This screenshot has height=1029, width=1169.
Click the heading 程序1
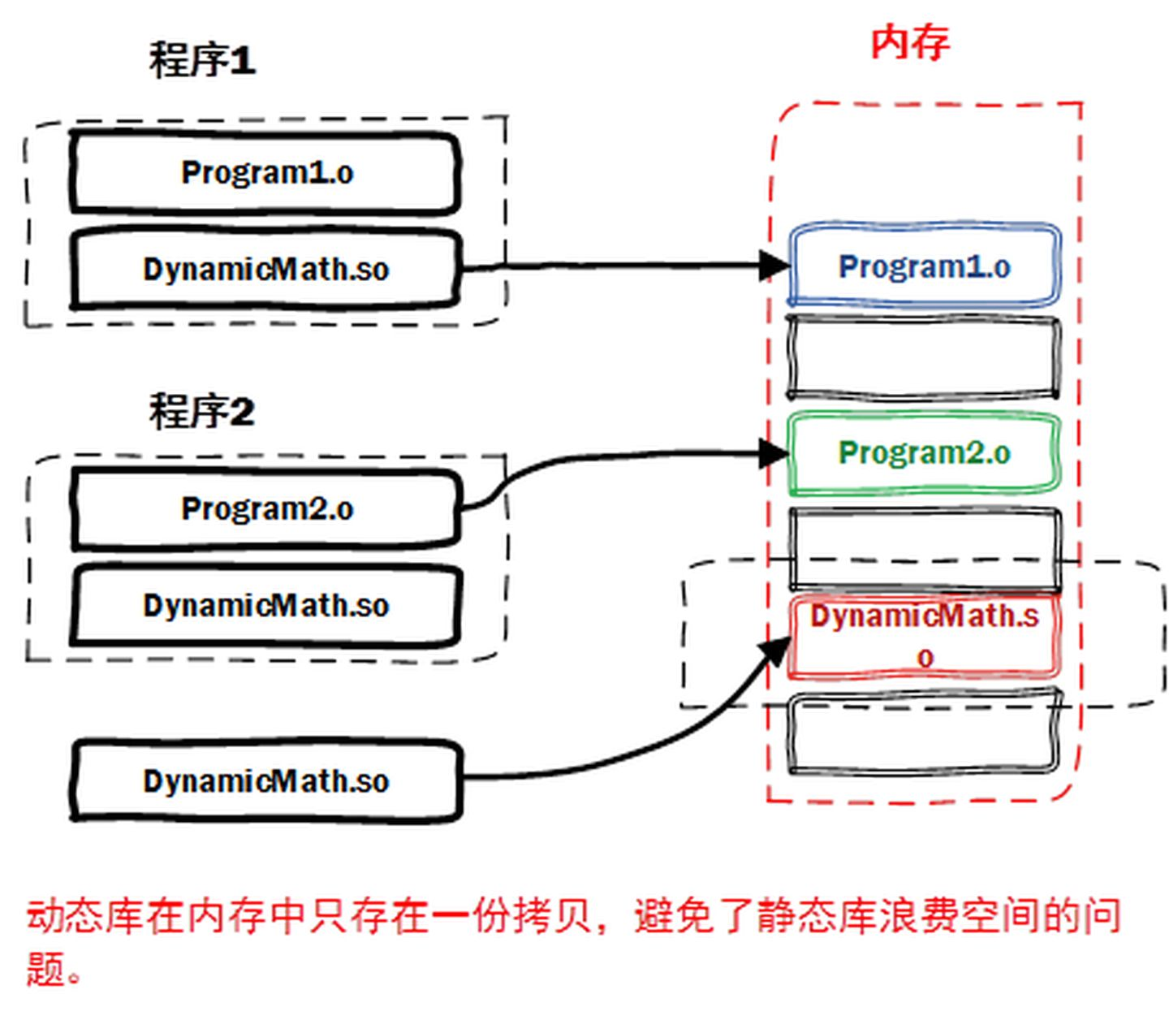coord(202,60)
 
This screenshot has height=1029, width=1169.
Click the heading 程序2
coord(201,411)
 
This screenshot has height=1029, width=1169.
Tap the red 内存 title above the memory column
coord(909,42)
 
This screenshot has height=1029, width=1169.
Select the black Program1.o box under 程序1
coord(265,173)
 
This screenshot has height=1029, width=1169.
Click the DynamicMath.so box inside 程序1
coord(265,270)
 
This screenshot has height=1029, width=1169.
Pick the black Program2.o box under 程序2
coord(265,509)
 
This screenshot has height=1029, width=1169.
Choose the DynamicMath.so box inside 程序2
coord(265,606)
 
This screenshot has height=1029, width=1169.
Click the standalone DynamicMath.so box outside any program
coord(265,781)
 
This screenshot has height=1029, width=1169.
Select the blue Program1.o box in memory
coord(925,266)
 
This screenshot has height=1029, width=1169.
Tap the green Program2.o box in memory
coord(925,453)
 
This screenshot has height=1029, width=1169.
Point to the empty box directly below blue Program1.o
coord(925,358)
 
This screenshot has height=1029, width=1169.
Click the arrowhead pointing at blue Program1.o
coord(773,265)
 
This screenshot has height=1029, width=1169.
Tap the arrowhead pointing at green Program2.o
coord(773,452)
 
